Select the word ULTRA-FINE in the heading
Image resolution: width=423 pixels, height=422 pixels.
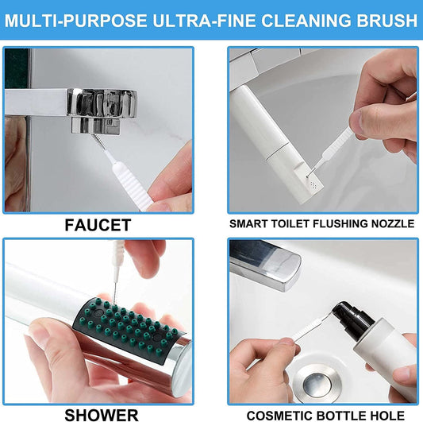pos(195,20)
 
